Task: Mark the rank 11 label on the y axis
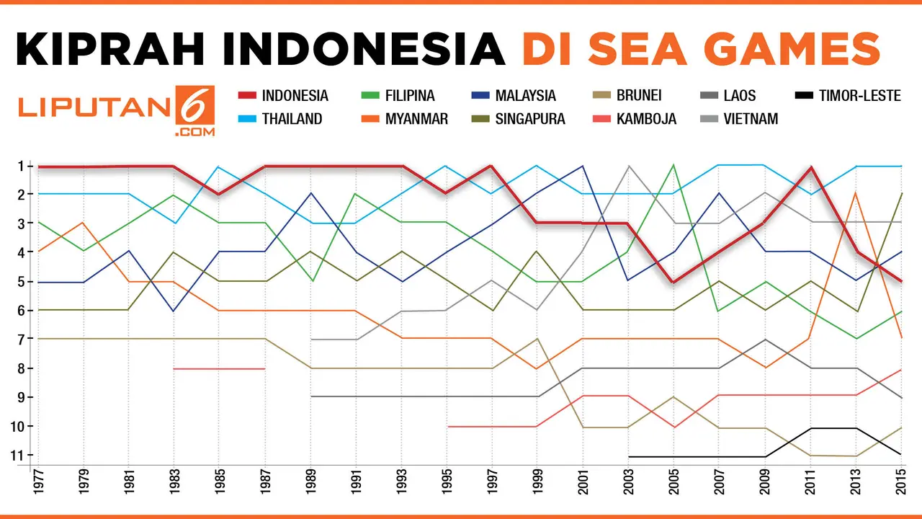[x=19, y=455]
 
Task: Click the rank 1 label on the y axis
[x=21, y=166]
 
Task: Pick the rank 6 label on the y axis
[x=21, y=310]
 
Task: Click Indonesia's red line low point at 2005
[x=673, y=281]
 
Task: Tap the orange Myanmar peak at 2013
[x=855, y=193]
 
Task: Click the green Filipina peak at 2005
[x=673, y=165]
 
